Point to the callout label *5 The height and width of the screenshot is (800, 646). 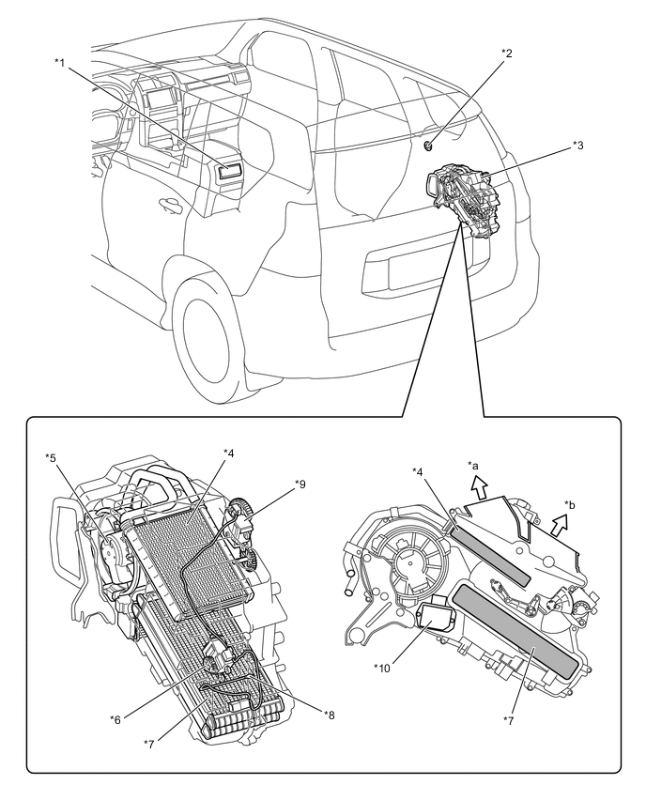[x=51, y=457]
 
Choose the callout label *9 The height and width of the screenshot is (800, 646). [x=300, y=484]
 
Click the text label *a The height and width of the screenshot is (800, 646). [x=473, y=464]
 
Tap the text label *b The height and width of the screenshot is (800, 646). [x=570, y=504]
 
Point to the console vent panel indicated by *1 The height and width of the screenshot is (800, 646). [x=228, y=171]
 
